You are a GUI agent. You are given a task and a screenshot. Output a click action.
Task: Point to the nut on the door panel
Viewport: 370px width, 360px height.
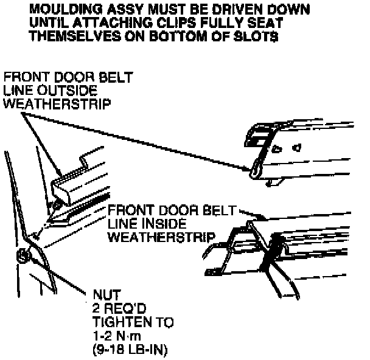tap(23, 255)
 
